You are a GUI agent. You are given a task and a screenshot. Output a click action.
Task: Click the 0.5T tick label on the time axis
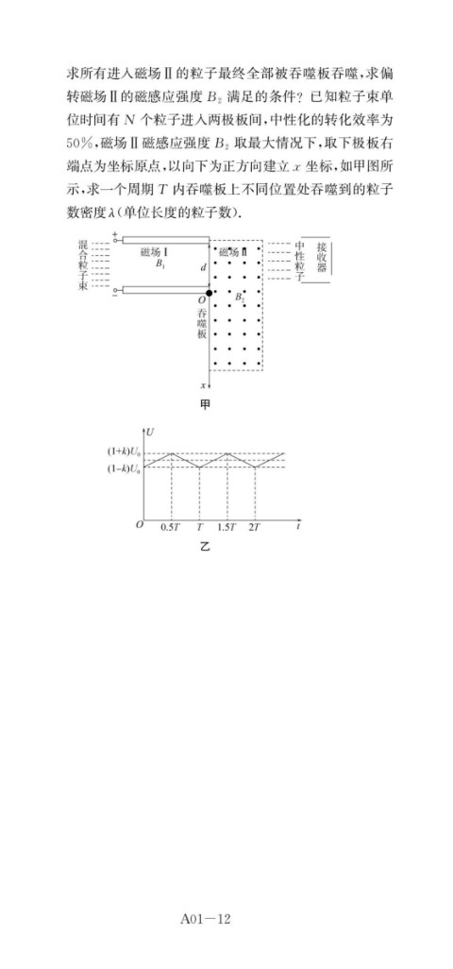170,527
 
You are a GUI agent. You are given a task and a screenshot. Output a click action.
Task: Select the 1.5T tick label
227,527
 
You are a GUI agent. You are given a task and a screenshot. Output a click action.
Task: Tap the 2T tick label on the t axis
254,527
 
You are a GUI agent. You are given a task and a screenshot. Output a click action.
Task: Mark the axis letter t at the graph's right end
298,527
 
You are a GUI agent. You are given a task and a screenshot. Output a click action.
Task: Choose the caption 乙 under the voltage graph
204,547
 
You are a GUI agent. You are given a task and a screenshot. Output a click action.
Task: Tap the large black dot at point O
209,293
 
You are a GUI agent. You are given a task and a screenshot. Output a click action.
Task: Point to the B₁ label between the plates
160,263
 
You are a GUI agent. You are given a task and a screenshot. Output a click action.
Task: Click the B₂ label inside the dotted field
241,297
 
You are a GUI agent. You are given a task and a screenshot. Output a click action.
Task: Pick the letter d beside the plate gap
203,267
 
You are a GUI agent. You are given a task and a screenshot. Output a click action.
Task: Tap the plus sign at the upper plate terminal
115,233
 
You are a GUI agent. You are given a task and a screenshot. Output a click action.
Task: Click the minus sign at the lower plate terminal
115,297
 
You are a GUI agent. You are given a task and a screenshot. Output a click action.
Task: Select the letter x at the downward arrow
203,385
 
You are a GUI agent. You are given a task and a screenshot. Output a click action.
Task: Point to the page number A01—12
205,919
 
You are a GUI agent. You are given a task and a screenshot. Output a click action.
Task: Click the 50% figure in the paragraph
81,142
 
